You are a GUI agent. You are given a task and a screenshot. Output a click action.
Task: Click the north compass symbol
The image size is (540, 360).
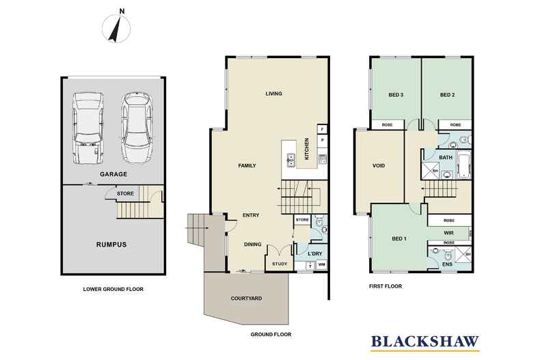[x=116, y=28]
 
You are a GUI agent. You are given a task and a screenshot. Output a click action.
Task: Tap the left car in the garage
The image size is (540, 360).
[x=87, y=128]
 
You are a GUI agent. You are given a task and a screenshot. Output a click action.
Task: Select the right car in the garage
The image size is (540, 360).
[x=137, y=128]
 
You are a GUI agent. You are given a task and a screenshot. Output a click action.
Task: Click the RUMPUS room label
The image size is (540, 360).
[x=111, y=245]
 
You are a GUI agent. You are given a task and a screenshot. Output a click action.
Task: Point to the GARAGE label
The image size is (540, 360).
[x=113, y=174]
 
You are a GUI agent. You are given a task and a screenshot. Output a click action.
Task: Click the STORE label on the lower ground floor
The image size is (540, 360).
[x=125, y=194]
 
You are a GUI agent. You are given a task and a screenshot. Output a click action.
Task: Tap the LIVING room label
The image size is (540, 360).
[x=274, y=94]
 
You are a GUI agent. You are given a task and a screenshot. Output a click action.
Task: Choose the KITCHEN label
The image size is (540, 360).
[x=307, y=149]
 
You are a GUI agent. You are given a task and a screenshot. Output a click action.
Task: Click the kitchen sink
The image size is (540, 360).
[x=291, y=160]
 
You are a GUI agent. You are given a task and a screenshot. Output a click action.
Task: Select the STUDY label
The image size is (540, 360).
[x=280, y=264]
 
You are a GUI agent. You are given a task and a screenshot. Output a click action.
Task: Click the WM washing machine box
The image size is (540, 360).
[x=322, y=264]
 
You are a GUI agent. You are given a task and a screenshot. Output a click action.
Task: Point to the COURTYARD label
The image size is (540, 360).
[x=246, y=299]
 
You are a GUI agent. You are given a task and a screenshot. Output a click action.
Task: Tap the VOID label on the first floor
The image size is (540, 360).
[x=379, y=165]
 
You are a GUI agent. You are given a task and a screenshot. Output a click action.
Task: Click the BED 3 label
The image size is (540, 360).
[x=396, y=95]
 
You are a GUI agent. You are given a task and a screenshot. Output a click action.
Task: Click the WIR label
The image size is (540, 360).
[x=448, y=233]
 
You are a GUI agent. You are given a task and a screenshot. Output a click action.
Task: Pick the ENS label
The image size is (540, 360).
[x=447, y=264]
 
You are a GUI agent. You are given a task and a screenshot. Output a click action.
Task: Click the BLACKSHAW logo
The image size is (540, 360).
[x=425, y=342]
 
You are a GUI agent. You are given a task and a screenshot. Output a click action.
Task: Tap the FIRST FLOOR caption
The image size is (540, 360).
[x=386, y=286]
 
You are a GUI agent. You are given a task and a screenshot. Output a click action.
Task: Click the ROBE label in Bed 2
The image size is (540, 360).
[x=455, y=125]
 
